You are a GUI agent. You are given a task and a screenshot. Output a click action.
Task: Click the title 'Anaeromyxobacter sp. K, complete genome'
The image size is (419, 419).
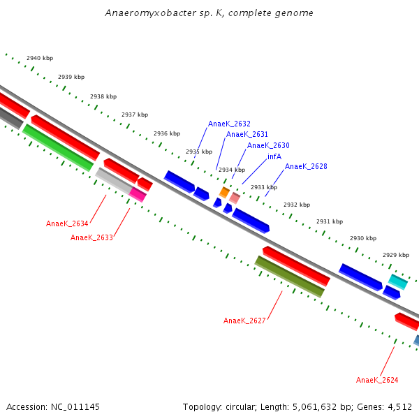tap(209, 13)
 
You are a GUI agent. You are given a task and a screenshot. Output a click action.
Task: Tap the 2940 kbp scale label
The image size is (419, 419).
tap(40, 58)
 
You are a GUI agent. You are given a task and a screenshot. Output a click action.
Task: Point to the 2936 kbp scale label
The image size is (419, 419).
tap(167, 133)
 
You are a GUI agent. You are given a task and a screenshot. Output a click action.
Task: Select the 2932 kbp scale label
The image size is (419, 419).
tap(297, 205)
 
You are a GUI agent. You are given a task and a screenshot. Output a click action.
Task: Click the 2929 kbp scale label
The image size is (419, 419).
tap(396, 255)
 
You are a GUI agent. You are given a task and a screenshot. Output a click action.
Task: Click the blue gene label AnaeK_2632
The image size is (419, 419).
tap(229, 124)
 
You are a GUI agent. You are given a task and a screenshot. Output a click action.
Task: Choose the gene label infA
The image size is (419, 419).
tap(274, 156)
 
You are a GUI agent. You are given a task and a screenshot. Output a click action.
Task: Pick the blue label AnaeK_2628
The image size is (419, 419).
tap(306, 166)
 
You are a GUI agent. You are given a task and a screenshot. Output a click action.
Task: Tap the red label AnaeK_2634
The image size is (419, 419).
tap(67, 223)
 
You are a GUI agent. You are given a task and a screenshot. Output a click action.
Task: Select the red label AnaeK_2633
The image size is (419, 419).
tap(91, 237)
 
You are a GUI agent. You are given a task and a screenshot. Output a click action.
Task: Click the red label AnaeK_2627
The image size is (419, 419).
tap(244, 321)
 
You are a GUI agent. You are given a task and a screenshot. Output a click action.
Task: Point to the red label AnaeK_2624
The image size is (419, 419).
tap(377, 380)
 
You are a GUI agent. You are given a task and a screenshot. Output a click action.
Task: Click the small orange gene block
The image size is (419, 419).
tap(224, 191)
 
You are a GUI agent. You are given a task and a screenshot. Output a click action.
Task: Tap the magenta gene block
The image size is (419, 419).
tap(138, 195)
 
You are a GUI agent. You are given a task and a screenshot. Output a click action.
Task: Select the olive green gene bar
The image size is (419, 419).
tap(289, 277)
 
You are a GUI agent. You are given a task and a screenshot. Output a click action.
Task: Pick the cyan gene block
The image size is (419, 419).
tap(398, 281)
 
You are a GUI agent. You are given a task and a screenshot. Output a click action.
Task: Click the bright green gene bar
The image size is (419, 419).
tap(58, 147)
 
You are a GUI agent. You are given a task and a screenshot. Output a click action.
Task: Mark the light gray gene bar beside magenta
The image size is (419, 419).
tap(113, 180)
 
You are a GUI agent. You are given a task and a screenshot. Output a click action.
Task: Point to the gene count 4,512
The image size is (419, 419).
tap(398, 406)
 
